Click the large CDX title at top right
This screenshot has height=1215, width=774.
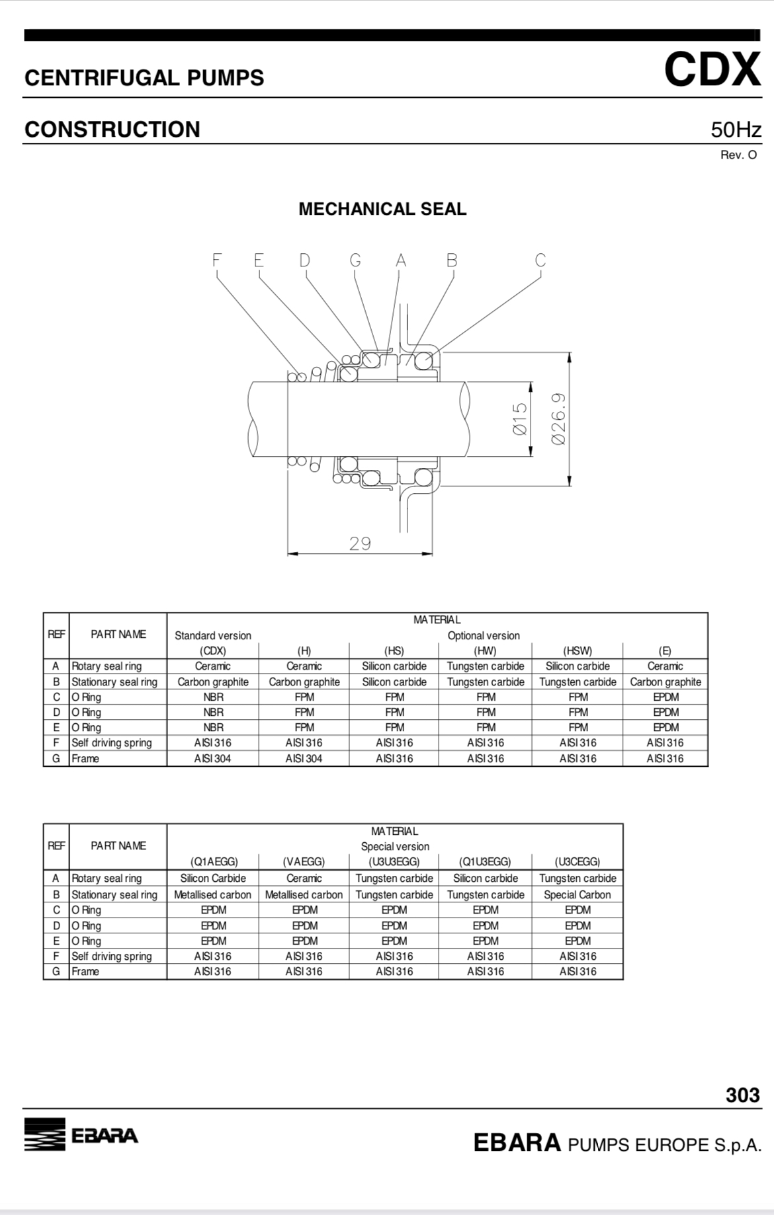point(712,69)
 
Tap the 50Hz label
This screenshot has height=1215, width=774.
point(736,130)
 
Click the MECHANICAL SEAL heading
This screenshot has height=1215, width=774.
point(382,209)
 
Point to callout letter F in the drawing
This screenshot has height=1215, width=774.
point(216,260)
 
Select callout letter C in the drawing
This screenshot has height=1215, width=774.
point(540,260)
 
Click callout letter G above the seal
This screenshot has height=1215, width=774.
point(355,260)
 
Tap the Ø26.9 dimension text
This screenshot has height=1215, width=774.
point(559,419)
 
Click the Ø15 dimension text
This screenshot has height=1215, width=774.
point(520,419)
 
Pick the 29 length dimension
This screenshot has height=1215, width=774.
point(360,543)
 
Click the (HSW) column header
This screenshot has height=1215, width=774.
point(577,650)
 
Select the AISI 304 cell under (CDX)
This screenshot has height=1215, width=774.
point(212,758)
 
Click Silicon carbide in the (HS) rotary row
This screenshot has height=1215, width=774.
point(394,666)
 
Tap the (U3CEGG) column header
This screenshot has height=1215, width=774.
point(577,861)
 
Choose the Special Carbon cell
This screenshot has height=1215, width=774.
point(577,894)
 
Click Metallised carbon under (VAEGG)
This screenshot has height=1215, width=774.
point(304,894)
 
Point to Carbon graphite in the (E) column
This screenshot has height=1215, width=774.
point(665,682)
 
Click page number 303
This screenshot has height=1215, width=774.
point(742,1095)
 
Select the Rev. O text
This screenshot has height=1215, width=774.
point(738,155)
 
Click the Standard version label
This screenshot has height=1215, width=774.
point(212,635)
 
